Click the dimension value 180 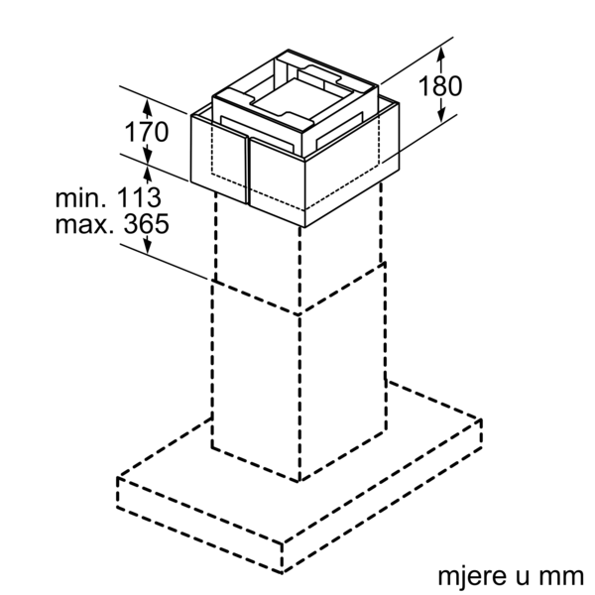(x=440, y=85)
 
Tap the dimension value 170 (x=147, y=132)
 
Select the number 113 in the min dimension (x=138, y=197)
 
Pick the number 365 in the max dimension (x=147, y=223)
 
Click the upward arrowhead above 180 (x=440, y=55)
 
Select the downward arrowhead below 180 (x=441, y=114)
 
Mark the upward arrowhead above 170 (x=147, y=106)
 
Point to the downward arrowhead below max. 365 (x=148, y=246)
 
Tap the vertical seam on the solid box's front (x=248, y=171)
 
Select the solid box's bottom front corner (x=305, y=227)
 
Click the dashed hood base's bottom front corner (x=282, y=572)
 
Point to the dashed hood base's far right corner (x=481, y=419)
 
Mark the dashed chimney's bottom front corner (x=299, y=481)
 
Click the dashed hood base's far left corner (x=118, y=477)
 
